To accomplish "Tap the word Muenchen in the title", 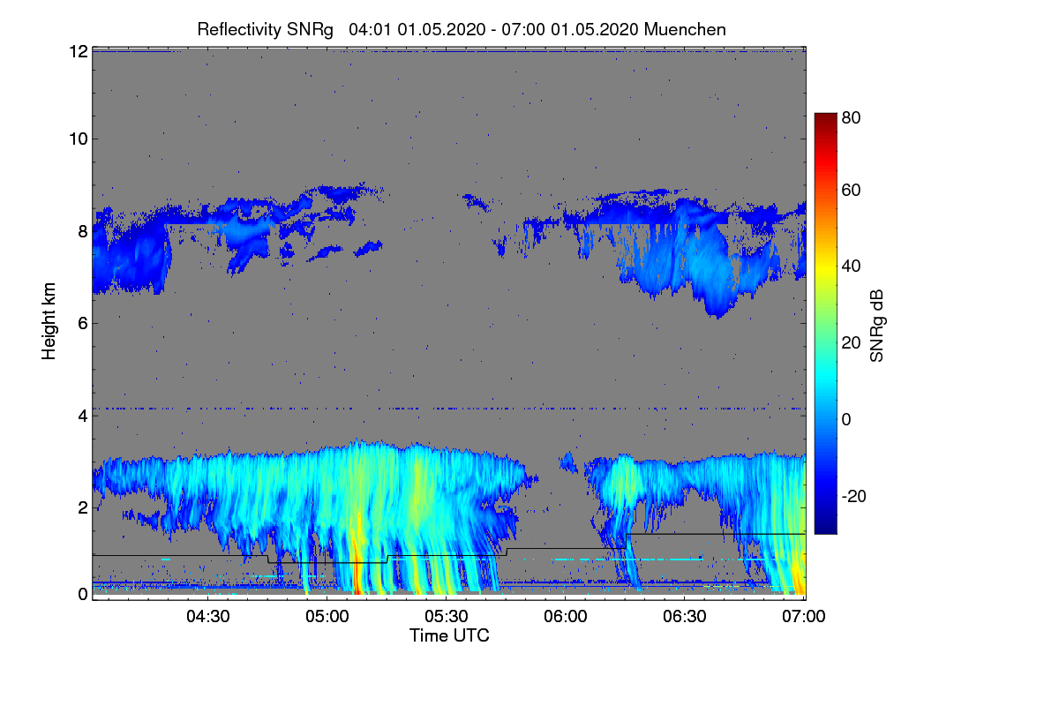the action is click(x=685, y=30).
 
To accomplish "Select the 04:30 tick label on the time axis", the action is click(x=208, y=617).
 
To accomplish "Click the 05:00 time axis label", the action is click(x=327, y=617).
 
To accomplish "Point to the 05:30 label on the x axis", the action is click(x=447, y=617).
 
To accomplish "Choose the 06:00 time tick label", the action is click(x=566, y=617).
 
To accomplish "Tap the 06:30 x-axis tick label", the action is click(x=685, y=617).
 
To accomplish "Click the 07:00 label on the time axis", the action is click(x=804, y=617).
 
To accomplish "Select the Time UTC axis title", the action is click(x=449, y=636).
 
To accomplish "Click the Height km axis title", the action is click(x=49, y=321).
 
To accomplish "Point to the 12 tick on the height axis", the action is click(x=79, y=51).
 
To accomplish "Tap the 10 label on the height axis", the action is click(x=79, y=139).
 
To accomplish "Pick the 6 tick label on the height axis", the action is click(x=83, y=324).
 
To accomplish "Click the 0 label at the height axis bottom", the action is click(x=83, y=595).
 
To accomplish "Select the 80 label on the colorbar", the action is click(x=851, y=117).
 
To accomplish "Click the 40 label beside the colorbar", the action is click(x=851, y=267).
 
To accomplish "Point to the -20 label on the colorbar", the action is click(x=854, y=496).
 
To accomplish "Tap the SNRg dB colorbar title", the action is click(x=877, y=326).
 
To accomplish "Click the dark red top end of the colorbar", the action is click(x=825, y=115).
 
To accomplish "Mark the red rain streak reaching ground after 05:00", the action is click(x=357, y=567).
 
